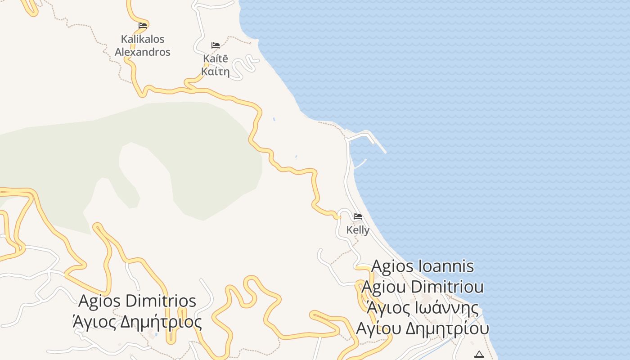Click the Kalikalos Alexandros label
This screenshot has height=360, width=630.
pyautogui.click(x=143, y=45)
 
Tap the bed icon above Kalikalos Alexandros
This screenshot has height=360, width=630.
pyautogui.click(x=143, y=25)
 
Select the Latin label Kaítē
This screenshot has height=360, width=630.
pyautogui.click(x=216, y=58)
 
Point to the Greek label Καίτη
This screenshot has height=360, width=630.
pyautogui.click(x=216, y=71)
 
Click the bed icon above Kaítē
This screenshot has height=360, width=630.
pyautogui.click(x=216, y=45)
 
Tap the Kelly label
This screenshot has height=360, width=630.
pyautogui.click(x=358, y=230)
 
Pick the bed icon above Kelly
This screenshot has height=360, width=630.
pyautogui.click(x=358, y=216)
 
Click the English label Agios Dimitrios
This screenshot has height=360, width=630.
pyautogui.click(x=137, y=301)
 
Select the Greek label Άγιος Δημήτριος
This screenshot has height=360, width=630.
pyautogui.click(x=137, y=322)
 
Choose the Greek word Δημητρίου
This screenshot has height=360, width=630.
pyautogui.click(x=447, y=328)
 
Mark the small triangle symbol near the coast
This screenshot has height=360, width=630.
pyautogui.click(x=479, y=354)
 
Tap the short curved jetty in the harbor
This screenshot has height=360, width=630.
pyautogui.click(x=360, y=164)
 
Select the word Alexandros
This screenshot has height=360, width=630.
pyautogui.click(x=143, y=52)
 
